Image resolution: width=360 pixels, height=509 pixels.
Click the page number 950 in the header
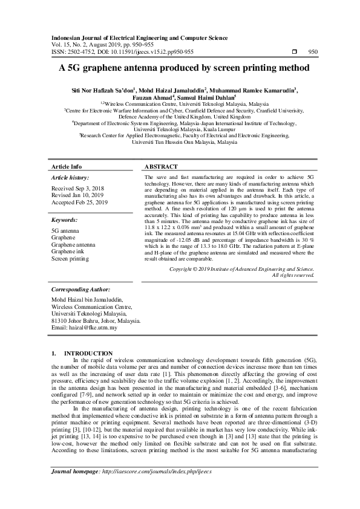313,52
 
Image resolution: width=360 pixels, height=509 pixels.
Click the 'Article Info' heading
67,166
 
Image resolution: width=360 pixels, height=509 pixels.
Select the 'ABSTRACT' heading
162,166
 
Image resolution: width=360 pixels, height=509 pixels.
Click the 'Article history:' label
70,178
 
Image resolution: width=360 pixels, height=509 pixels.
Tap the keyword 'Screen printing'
70,258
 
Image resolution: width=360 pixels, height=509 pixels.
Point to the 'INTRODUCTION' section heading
88,353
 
